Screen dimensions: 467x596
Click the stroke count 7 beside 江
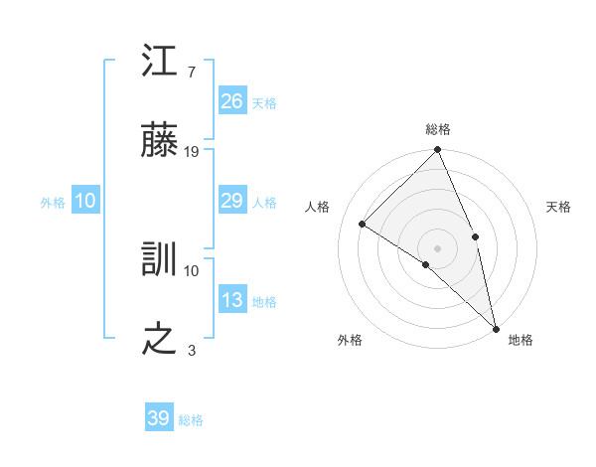tap(191, 72)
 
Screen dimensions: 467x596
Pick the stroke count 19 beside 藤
tap(192, 152)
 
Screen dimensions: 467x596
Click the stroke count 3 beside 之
tap(191, 350)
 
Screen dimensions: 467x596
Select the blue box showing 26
tap(231, 101)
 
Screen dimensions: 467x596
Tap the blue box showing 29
tap(231, 202)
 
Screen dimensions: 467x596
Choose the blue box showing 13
tap(231, 301)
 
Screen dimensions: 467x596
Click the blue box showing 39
tap(158, 418)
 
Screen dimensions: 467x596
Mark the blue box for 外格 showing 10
tap(84, 202)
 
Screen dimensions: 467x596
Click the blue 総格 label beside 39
tap(192, 420)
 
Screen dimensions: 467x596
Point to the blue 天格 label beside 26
tap(264, 103)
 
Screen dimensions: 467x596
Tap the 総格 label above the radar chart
tap(438, 129)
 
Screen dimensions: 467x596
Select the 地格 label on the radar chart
tap(521, 340)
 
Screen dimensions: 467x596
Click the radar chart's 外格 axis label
tap(350, 340)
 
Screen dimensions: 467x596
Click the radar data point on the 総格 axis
tap(438, 150)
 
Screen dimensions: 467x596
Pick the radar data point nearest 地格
tap(495, 327)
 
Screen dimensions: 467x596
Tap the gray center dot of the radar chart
tap(438, 247)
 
